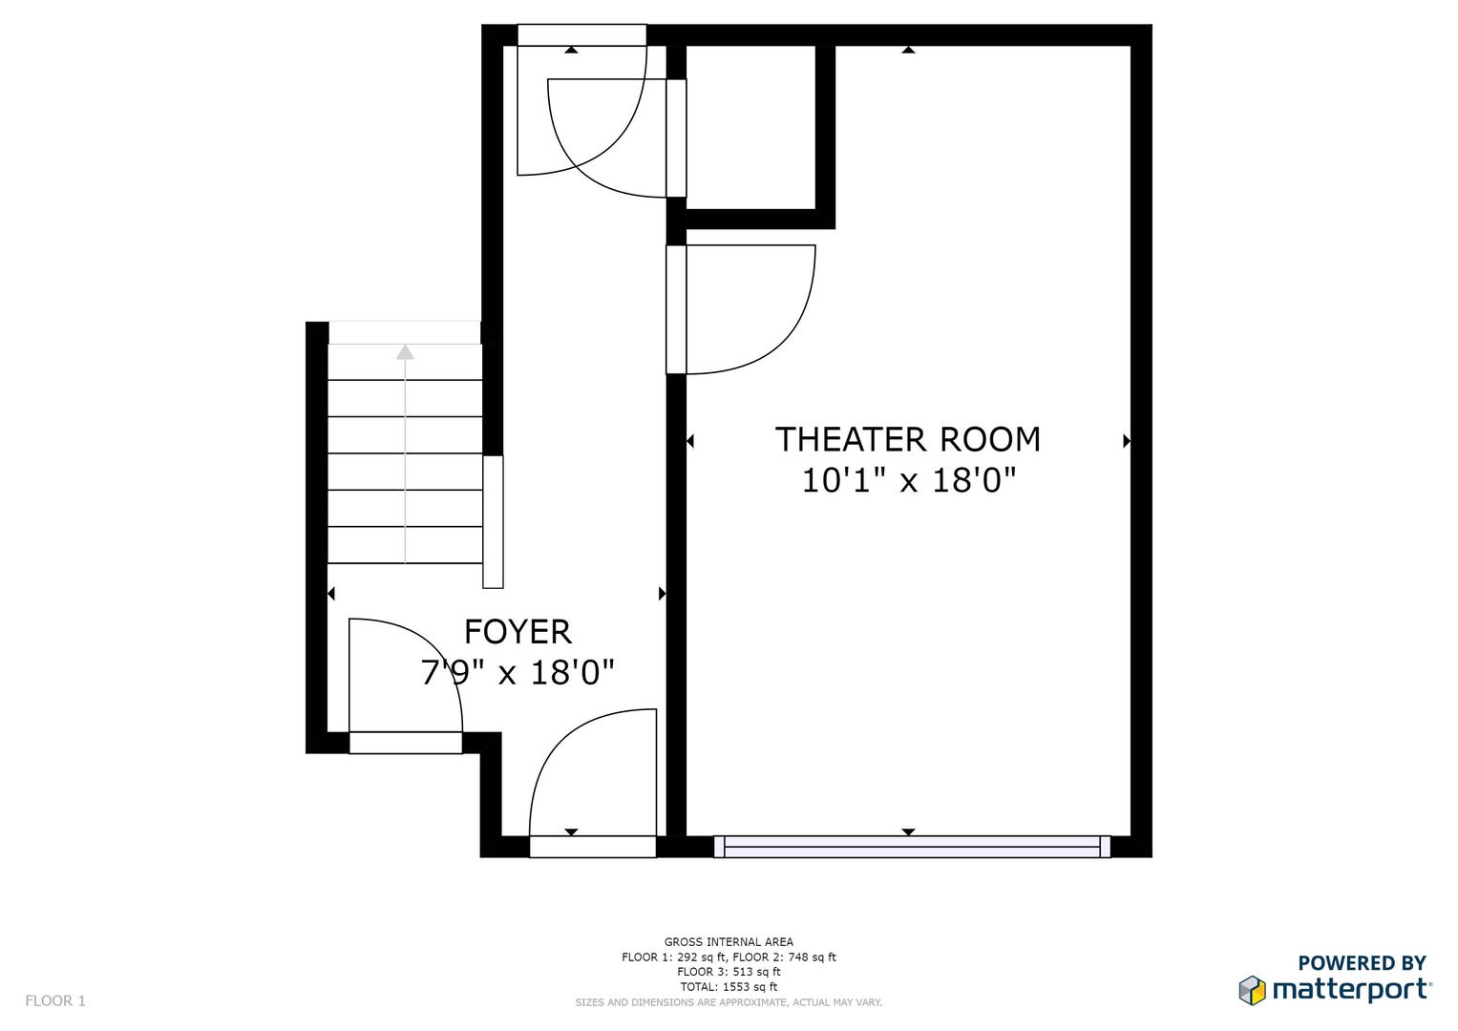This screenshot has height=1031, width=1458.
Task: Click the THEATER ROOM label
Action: (x=908, y=439)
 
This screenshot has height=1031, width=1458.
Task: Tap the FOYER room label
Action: (x=518, y=632)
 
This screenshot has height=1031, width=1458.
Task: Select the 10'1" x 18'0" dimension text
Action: (x=909, y=481)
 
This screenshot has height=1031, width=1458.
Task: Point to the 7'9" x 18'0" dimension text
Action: (x=518, y=672)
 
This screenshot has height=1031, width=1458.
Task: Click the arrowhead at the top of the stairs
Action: (x=405, y=352)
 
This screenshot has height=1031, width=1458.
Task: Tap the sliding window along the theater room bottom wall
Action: (x=912, y=847)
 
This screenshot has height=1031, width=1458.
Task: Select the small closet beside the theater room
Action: (x=750, y=128)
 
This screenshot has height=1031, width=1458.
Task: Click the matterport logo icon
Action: (x=1253, y=990)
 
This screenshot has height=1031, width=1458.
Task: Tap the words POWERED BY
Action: (x=1362, y=962)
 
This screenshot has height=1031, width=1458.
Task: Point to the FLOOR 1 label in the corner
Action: (x=55, y=1001)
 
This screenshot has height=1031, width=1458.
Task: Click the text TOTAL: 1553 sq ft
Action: (x=729, y=987)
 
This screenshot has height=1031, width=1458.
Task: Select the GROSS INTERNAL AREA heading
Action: (x=729, y=942)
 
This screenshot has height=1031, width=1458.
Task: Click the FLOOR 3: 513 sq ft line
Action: (x=729, y=972)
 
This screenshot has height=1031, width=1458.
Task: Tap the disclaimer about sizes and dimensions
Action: (x=729, y=1002)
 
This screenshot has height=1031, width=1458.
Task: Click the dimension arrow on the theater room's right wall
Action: (x=1127, y=441)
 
